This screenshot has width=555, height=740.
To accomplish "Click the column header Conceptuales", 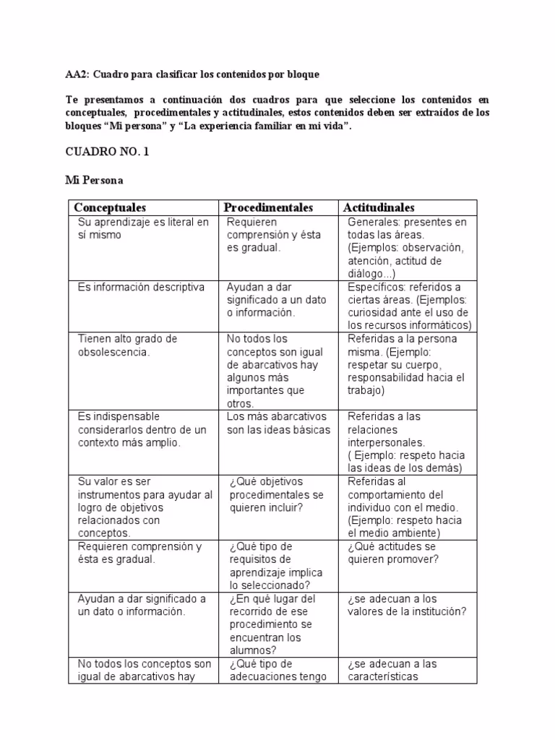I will click(110, 208).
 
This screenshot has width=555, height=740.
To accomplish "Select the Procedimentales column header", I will click(268, 208).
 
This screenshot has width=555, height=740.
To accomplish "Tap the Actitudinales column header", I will click(379, 208).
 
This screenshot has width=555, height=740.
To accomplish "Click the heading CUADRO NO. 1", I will click(107, 152).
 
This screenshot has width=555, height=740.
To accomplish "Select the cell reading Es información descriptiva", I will click(141, 287).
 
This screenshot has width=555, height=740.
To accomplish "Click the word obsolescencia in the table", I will click(113, 352).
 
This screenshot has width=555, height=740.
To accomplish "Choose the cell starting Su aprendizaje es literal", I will click(143, 228).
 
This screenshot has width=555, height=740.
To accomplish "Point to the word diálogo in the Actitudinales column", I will click(367, 274).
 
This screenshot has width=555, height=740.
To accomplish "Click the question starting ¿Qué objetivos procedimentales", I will click(277, 494).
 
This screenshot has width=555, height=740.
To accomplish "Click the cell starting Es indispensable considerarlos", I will click(142, 429).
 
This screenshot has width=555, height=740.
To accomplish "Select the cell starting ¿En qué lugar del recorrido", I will click(272, 624).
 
